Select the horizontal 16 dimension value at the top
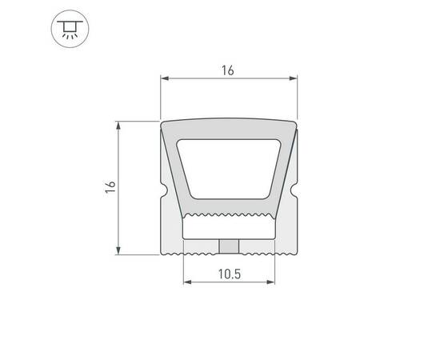[x=227, y=70]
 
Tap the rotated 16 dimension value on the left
[x=110, y=186]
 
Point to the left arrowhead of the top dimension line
[x=166, y=78]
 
